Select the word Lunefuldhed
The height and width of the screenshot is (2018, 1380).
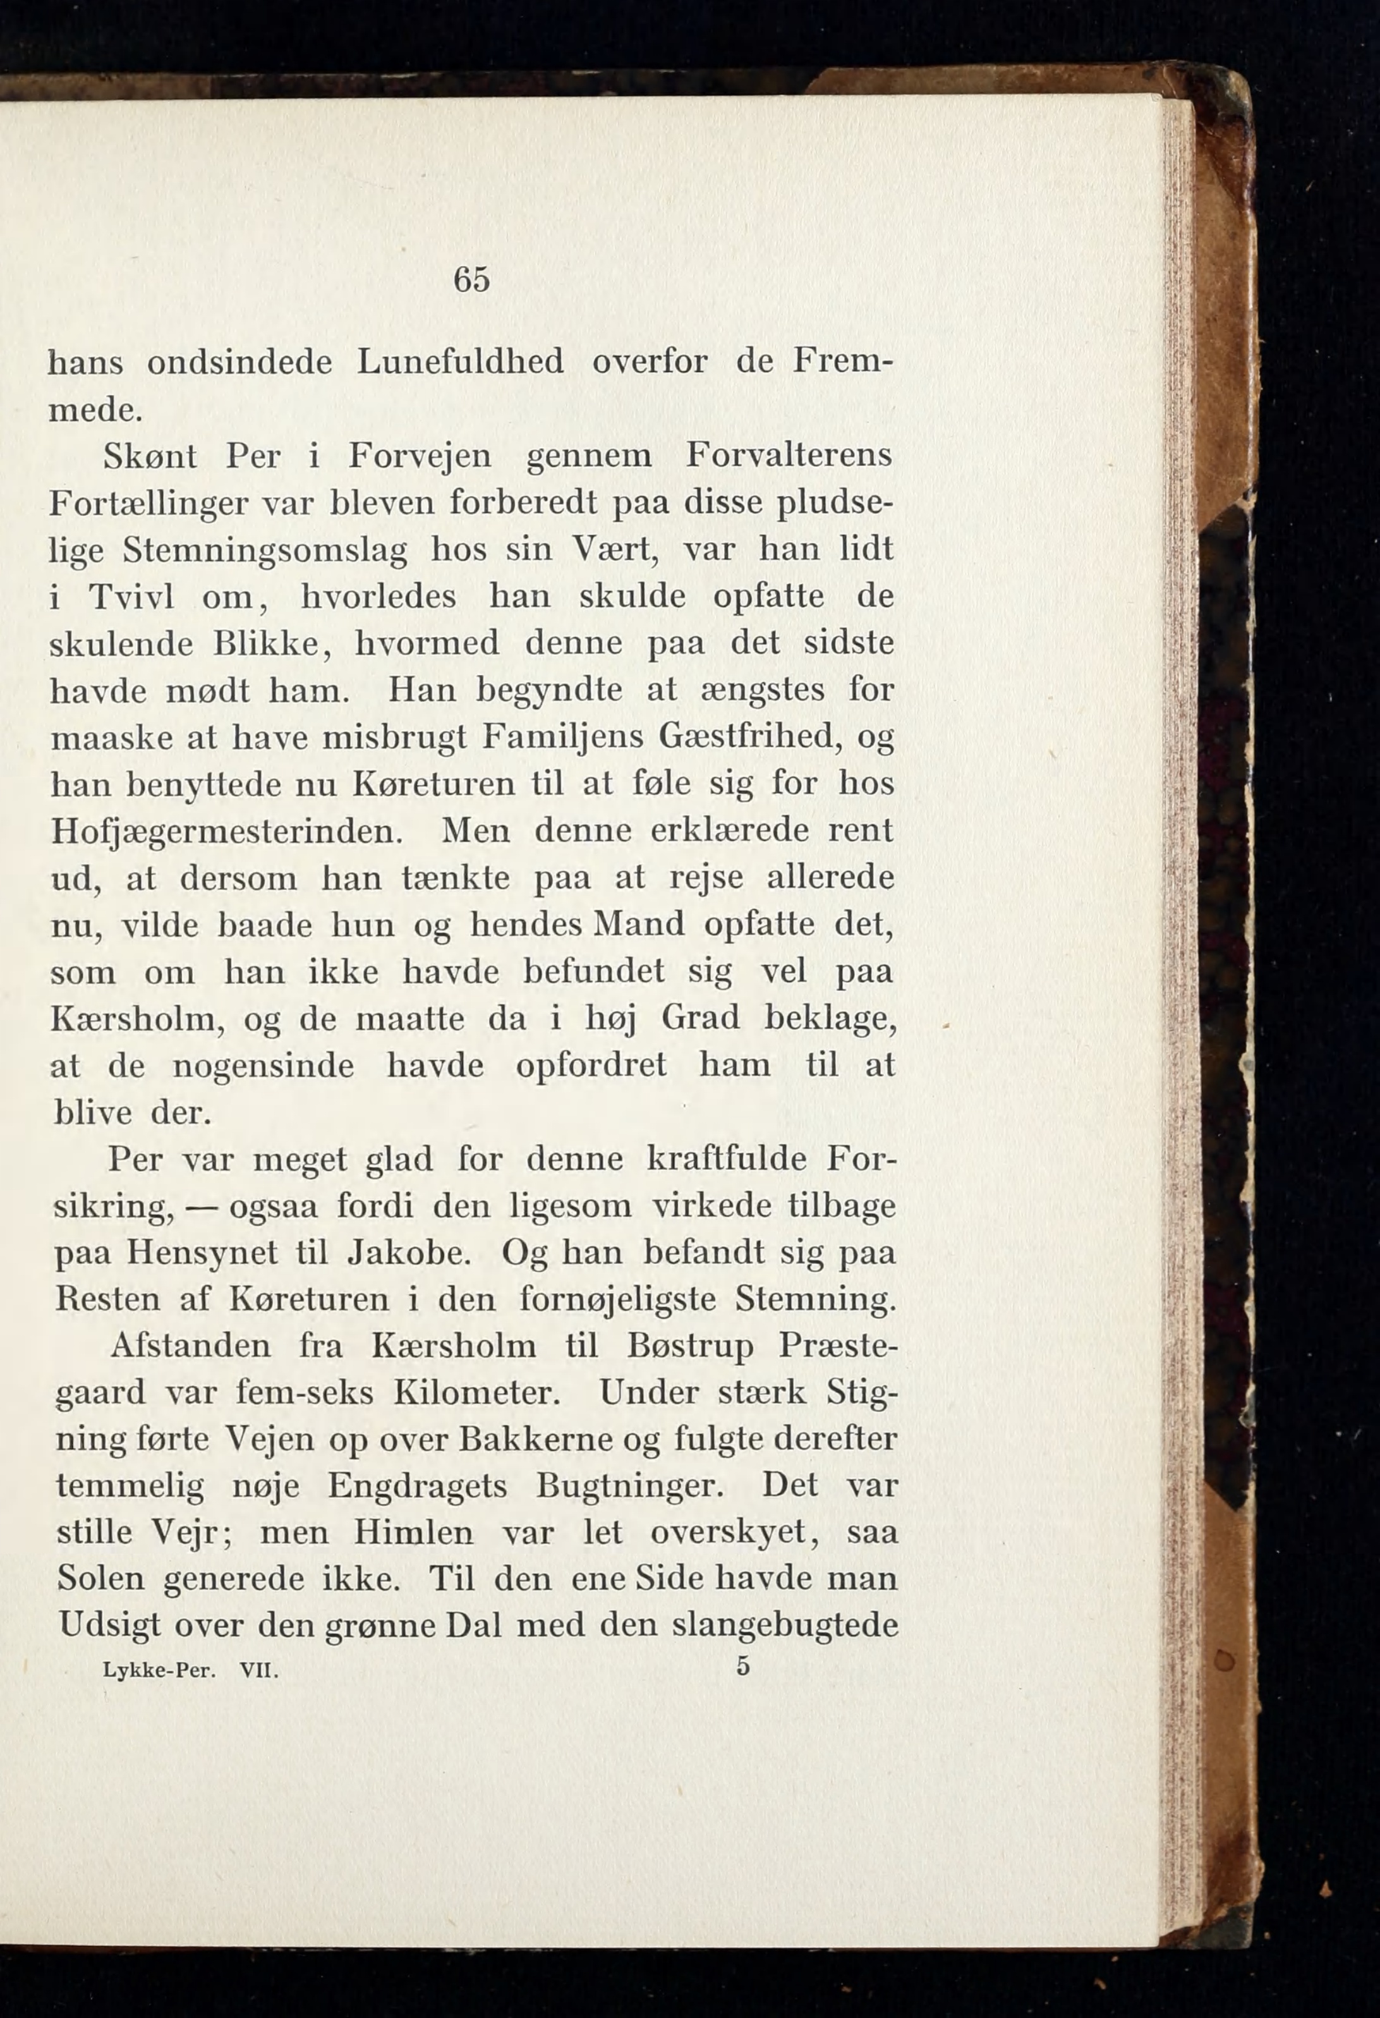coord(461,362)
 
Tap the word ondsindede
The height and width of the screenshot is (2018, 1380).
coord(239,362)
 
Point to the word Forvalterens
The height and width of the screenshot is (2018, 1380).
coord(789,455)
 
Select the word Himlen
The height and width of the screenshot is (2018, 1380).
coord(413,1533)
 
